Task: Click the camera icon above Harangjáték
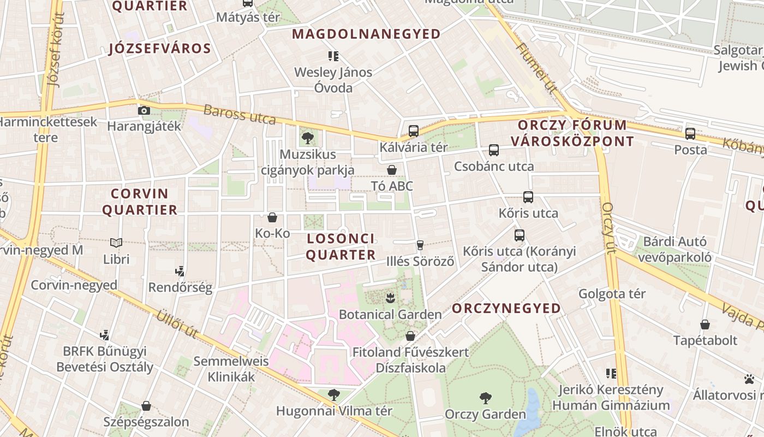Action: point(144,111)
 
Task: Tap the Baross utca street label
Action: point(239,115)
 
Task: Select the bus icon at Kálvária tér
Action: point(414,131)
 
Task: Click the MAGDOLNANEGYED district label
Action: point(366,34)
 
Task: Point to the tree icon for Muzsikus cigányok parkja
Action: point(308,138)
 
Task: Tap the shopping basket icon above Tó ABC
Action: point(391,170)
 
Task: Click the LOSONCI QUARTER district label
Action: point(341,247)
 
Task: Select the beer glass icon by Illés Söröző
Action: point(420,245)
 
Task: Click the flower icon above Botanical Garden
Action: point(390,298)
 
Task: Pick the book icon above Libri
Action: point(116,243)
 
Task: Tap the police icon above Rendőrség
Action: point(180,271)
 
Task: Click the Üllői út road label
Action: point(176,324)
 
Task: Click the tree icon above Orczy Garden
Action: point(485,398)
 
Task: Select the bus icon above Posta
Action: point(690,134)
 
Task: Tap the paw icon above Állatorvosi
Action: point(749,379)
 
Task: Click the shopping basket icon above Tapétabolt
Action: point(705,325)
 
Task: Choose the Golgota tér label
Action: point(612,294)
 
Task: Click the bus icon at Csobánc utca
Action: point(494,150)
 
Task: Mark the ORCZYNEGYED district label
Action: point(506,309)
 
